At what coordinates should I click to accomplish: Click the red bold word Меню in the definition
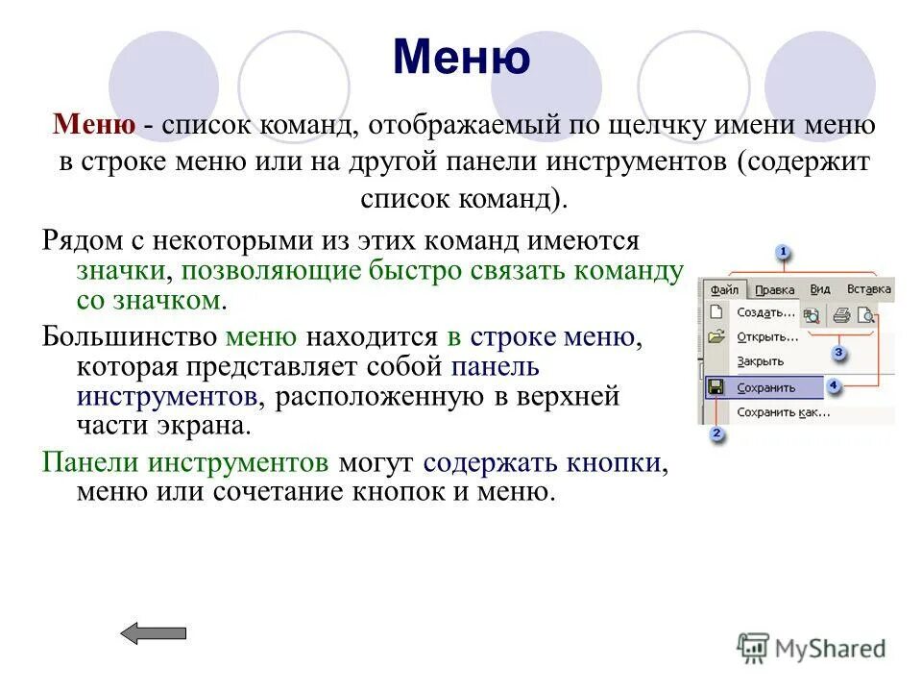(x=93, y=124)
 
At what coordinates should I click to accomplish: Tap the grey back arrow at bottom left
(x=154, y=632)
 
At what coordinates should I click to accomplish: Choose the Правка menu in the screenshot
(x=774, y=289)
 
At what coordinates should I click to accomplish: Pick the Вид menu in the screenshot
(x=820, y=289)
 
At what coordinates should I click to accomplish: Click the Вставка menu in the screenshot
(x=868, y=289)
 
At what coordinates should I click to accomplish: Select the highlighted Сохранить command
(x=766, y=387)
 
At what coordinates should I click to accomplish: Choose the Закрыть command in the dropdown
(x=760, y=361)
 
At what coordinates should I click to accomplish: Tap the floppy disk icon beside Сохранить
(x=716, y=387)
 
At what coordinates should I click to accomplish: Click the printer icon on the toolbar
(x=841, y=313)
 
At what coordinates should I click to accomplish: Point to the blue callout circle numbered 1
(x=782, y=253)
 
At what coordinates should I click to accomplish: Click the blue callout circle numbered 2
(x=716, y=434)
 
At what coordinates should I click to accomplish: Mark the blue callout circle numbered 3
(x=838, y=353)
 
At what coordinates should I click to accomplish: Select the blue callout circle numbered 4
(x=834, y=385)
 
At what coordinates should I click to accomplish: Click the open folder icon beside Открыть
(x=716, y=336)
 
